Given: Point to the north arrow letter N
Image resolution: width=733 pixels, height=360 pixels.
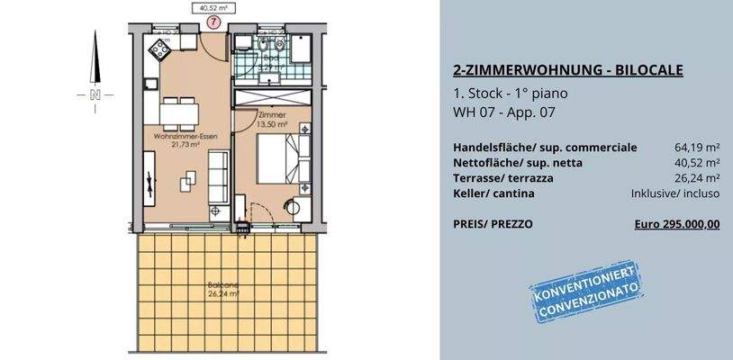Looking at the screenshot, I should coord(94,94).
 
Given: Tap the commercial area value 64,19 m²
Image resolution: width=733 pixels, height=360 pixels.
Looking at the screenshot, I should coord(696,146).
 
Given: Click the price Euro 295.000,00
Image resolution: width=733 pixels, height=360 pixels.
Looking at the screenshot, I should coord(677,224).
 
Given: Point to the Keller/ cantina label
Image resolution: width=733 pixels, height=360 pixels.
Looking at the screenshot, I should coord(494,193).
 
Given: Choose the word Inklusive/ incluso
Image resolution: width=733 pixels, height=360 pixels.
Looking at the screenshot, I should coord(675,193).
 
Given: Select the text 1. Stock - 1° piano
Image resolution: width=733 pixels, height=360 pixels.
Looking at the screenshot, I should coord(511,93).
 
